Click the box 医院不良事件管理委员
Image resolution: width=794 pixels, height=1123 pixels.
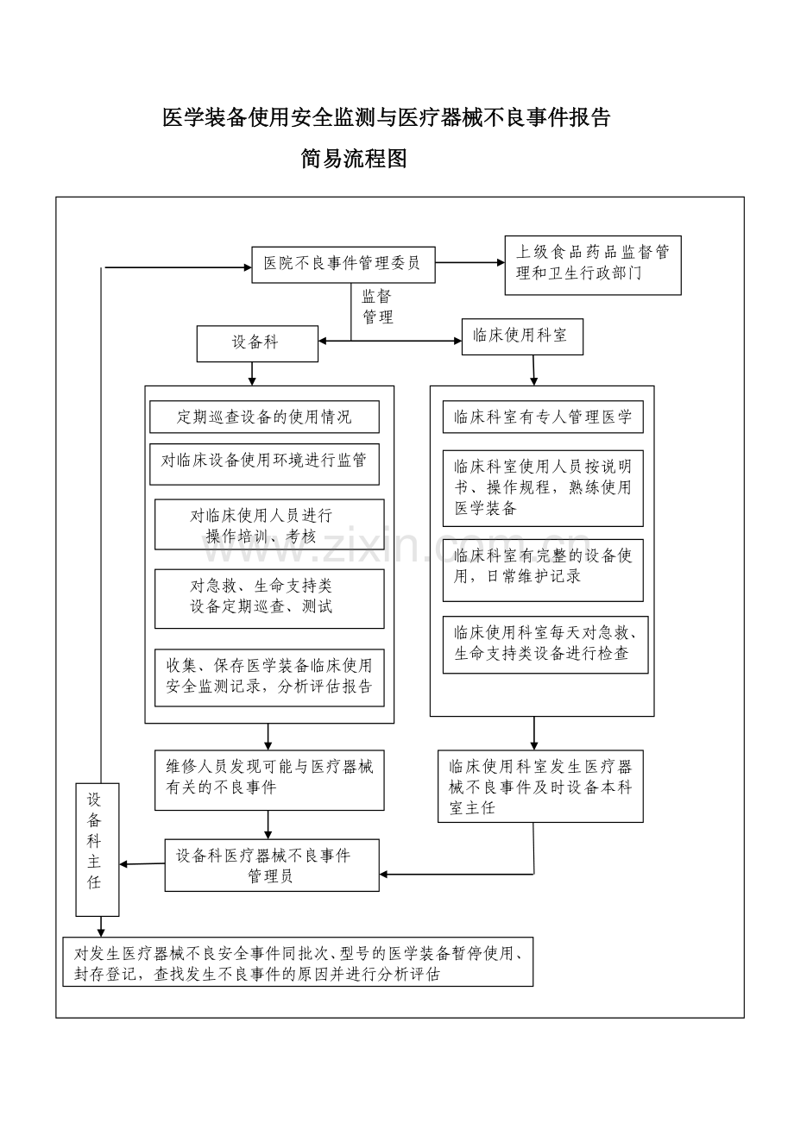point(343,265)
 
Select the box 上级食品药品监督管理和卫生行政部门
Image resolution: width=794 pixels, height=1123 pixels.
point(593,265)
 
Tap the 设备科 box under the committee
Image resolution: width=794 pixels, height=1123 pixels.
point(257,344)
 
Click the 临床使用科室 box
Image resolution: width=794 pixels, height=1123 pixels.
point(522,337)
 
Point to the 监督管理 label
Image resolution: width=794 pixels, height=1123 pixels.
point(377,306)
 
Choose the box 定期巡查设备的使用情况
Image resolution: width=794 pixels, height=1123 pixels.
point(264,417)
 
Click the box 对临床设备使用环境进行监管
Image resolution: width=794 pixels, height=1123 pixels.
point(264,464)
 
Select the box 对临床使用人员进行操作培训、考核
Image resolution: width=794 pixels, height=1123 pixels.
point(269,524)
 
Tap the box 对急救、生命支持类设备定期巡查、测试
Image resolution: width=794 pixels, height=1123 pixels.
point(269,599)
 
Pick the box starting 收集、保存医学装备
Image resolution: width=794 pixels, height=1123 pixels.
point(269,678)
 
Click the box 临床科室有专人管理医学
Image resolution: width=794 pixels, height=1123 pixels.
point(543,417)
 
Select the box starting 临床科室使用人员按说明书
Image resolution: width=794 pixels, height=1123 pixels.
point(543,488)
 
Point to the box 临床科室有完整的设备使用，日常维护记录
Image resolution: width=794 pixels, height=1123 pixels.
point(543,570)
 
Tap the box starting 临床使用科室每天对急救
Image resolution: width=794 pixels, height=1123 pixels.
point(545,644)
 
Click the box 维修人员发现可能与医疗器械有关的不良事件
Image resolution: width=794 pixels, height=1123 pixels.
point(269,780)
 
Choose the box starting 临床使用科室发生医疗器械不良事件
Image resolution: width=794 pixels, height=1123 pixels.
point(540,786)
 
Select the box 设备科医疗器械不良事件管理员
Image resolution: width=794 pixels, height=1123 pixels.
point(272,865)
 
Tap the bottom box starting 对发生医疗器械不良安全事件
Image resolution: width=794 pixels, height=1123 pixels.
point(298,962)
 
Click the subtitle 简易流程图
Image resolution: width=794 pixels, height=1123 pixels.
point(354,159)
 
